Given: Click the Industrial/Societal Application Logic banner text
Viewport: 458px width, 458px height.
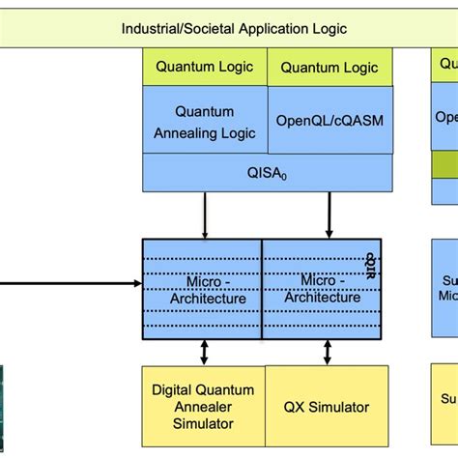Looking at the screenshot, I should click(x=234, y=28).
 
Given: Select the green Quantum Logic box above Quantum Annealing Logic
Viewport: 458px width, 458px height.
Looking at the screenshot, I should click(x=204, y=67).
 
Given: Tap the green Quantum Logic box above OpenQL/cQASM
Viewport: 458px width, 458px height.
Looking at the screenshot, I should click(x=329, y=68).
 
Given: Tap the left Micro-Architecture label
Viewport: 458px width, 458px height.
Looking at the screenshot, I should click(x=203, y=289).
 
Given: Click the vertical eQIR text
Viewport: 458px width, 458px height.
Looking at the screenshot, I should click(x=370, y=267).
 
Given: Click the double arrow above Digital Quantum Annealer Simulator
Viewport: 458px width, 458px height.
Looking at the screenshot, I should click(x=204, y=352).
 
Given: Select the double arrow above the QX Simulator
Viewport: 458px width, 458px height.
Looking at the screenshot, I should click(x=329, y=352).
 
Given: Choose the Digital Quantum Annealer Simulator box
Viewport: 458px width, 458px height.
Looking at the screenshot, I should click(x=203, y=406).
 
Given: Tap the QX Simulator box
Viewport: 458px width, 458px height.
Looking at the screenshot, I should click(x=327, y=407).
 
